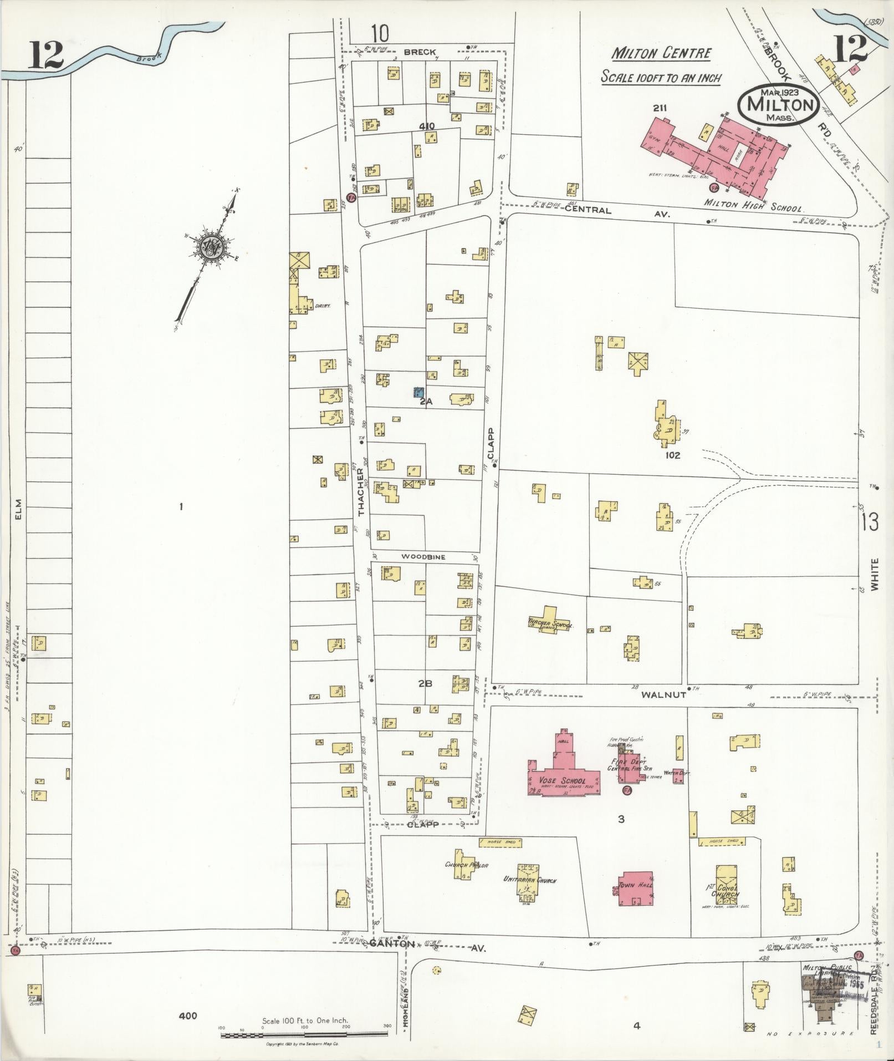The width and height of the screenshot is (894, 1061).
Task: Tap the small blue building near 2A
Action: coord(419,392)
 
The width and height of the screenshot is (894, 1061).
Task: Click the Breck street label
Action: coord(420,52)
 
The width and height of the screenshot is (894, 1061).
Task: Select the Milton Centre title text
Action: coord(661,54)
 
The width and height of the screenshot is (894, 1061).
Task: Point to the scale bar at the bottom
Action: coord(304,1034)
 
